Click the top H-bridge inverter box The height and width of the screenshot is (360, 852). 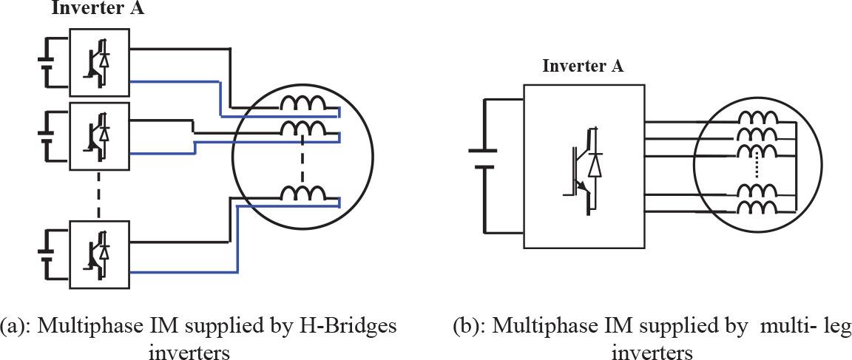click(x=99, y=63)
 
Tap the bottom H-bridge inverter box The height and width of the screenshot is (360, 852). click(x=99, y=254)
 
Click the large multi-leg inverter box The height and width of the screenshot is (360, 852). click(x=584, y=166)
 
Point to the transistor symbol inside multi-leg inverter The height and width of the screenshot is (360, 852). click(x=584, y=171)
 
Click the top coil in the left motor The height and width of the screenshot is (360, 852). click(x=302, y=105)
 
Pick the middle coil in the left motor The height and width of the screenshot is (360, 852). click(x=302, y=130)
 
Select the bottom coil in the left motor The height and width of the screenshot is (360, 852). click(x=302, y=194)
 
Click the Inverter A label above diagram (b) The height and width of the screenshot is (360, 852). click(x=583, y=65)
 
